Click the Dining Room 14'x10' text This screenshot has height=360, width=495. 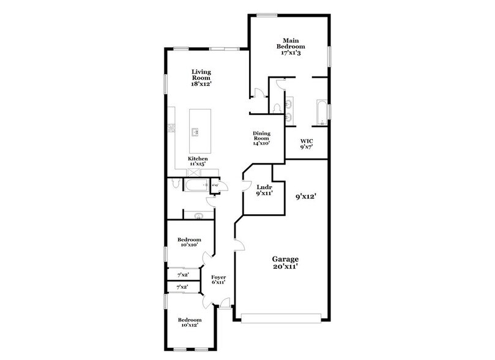coord(262,138)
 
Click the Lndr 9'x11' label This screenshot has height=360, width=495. coord(264,189)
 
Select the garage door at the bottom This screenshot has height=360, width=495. coord(281,319)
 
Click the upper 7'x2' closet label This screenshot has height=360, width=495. coord(182,275)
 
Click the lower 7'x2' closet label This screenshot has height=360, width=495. coord(182,287)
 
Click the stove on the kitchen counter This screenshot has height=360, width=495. coord(172,128)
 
